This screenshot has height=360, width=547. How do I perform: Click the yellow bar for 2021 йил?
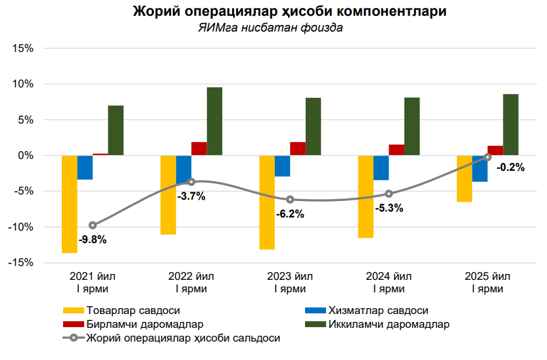tap(70, 204)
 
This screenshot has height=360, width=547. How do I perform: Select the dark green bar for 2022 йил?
tap(214, 122)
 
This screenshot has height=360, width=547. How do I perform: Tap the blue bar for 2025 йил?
tap(480, 169)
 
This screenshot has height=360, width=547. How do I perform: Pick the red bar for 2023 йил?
tap(298, 149)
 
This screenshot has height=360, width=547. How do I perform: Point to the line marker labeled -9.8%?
tap(93, 225)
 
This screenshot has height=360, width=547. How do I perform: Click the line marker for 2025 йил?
tap(487, 157)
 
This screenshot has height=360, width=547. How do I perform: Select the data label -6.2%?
tap(290, 214)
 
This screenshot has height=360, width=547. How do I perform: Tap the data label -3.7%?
tap(191, 196)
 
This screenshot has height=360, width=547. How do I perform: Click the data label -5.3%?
tap(389, 208)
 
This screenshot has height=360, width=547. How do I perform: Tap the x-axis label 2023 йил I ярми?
tap(290, 282)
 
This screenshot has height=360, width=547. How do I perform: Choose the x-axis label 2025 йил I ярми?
tap(487, 282)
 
